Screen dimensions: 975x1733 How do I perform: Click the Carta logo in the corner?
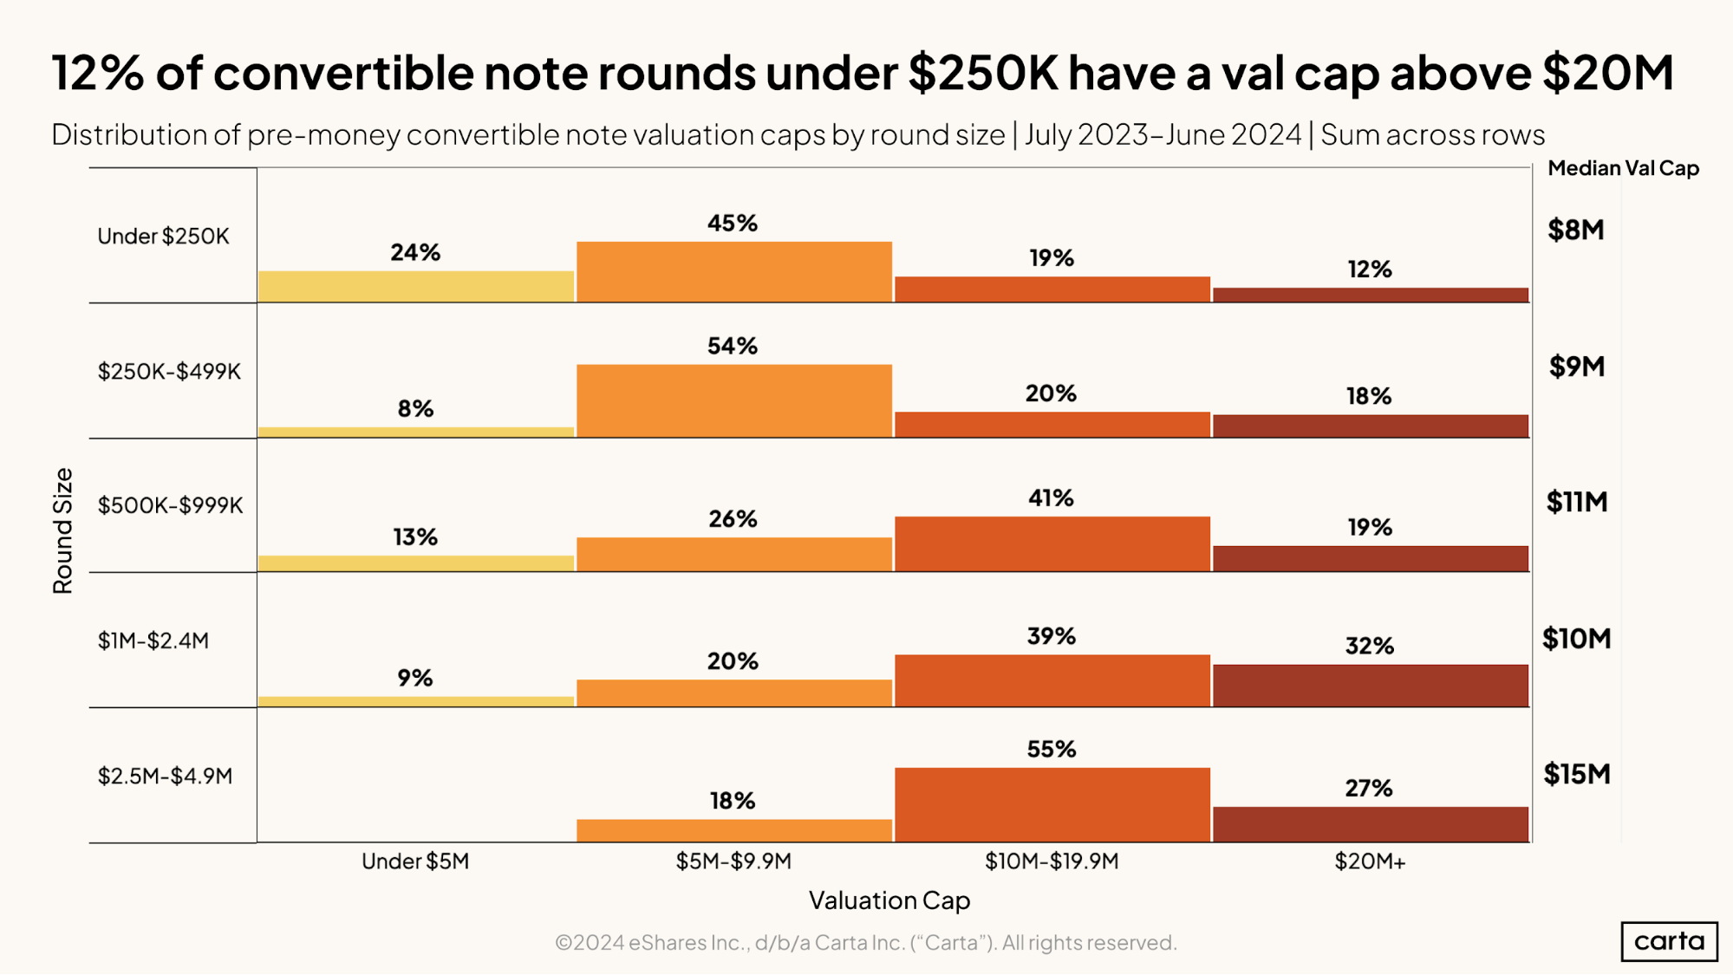(x=1668, y=941)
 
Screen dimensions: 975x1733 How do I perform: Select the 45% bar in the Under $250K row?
(x=733, y=272)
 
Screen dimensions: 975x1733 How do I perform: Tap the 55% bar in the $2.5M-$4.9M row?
(x=1052, y=804)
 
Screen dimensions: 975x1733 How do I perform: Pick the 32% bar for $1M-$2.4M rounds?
(x=1370, y=686)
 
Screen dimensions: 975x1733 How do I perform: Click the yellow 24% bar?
(x=415, y=287)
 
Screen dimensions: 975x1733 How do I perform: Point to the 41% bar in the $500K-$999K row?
(x=1052, y=544)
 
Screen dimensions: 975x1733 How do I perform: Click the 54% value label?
(x=733, y=346)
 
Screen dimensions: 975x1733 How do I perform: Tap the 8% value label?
(x=415, y=409)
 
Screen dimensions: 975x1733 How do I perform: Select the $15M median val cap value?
(x=1576, y=774)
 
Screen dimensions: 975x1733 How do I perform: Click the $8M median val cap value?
(x=1575, y=230)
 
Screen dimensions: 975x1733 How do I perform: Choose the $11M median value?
(x=1576, y=502)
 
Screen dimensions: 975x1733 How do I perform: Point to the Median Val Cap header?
(x=1623, y=168)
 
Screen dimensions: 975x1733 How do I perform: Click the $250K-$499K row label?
(x=169, y=372)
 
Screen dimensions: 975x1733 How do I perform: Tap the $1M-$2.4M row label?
(x=153, y=640)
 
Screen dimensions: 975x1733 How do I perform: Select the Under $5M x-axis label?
(x=415, y=861)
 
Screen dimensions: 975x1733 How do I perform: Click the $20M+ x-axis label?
(x=1370, y=861)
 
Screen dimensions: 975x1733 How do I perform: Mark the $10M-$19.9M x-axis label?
(x=1052, y=861)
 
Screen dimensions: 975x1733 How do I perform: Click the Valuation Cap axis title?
(x=889, y=900)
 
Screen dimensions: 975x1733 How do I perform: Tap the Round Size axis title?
(x=62, y=530)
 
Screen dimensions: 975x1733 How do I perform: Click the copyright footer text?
(x=865, y=943)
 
